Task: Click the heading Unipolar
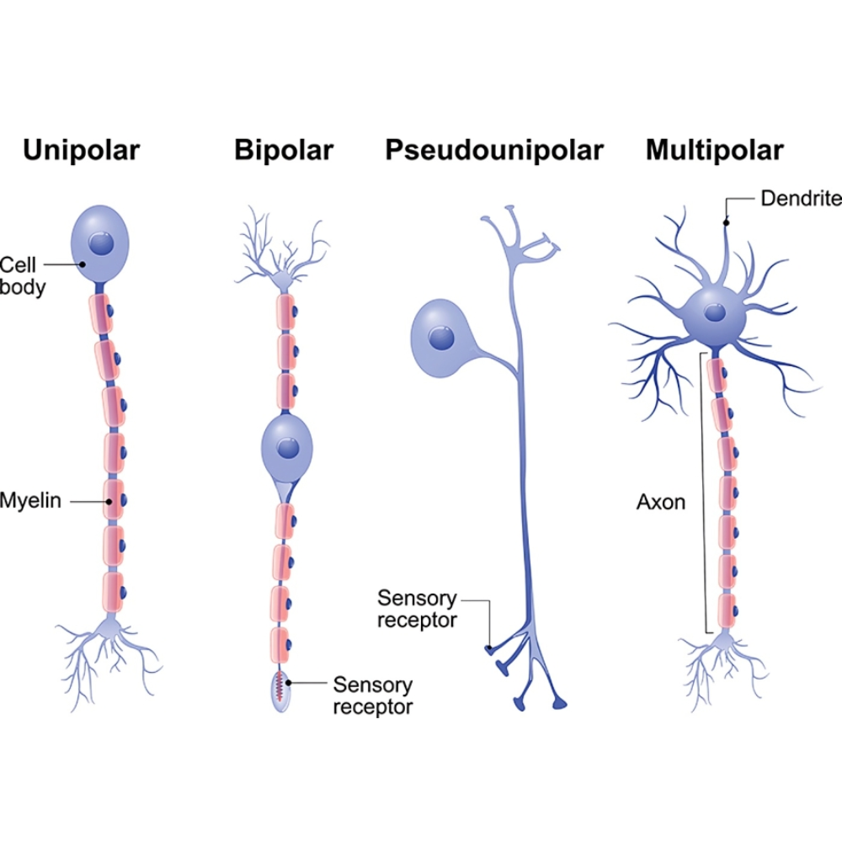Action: pos(81,151)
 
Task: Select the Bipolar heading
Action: pos(284,151)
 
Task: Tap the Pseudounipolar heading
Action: pos(494,151)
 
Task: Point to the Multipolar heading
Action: pos(714,151)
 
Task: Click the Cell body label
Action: pos(22,275)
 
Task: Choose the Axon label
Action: pos(660,503)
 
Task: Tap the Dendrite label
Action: pos(800,199)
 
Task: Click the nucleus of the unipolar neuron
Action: pos(102,245)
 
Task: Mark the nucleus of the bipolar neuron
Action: pos(289,447)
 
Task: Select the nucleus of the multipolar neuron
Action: pos(715,313)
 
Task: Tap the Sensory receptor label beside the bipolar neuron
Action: pos(372,695)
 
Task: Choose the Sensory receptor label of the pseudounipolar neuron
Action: pos(417,610)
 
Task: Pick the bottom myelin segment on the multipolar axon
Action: pos(725,612)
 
